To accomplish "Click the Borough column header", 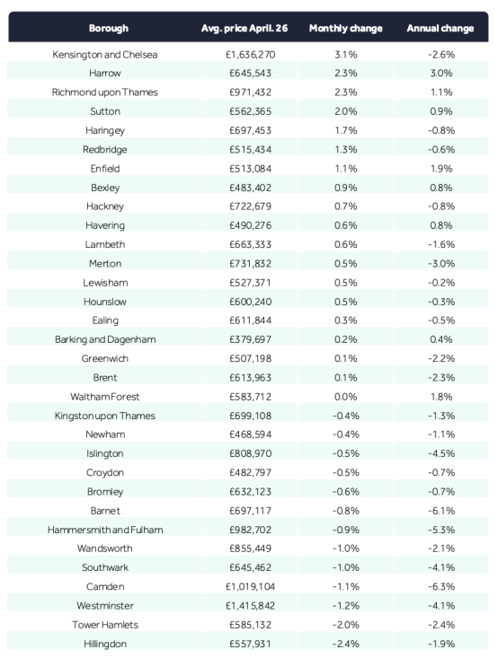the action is tap(109, 29).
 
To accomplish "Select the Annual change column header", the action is tap(440, 29).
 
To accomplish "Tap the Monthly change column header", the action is tap(345, 29).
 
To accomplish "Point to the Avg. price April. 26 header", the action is tap(245, 29).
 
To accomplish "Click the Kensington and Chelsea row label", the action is tap(104, 55).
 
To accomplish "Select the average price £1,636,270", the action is tap(250, 55).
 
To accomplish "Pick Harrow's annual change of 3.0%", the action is tap(440, 73).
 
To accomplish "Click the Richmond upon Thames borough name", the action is tap(104, 92).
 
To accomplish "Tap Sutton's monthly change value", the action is tap(345, 111).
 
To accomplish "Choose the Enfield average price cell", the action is tap(250, 169).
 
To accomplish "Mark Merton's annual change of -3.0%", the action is tap(440, 264).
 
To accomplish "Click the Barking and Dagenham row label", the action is tap(105, 339).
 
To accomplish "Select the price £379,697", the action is tap(250, 339).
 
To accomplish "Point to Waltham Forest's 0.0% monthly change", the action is tap(345, 397).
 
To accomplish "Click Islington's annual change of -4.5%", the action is tap(440, 453).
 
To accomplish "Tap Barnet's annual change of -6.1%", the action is tap(440, 511).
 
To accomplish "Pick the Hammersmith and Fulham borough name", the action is tap(105, 530).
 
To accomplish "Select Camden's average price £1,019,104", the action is tap(250, 587).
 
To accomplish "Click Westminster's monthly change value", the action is tap(345, 606).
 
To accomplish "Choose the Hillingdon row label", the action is tap(104, 645).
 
